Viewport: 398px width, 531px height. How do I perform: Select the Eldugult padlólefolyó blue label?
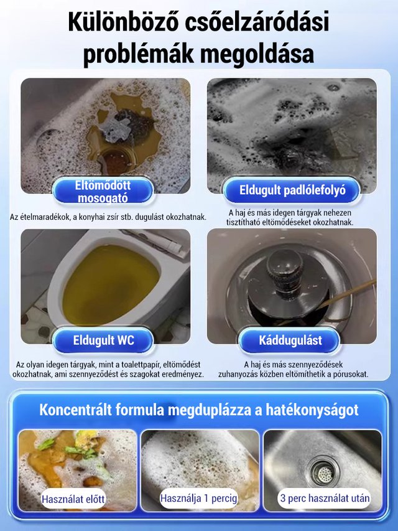click(292, 190)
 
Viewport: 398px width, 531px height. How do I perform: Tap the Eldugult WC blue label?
click(102, 340)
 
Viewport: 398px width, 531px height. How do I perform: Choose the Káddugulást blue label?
click(290, 341)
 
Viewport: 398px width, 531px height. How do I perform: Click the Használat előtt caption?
click(73, 499)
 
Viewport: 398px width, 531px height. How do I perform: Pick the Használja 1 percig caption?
click(199, 498)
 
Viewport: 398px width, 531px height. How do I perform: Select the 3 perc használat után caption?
click(324, 498)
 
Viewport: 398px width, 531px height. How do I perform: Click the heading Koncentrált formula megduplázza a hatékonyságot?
click(199, 410)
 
